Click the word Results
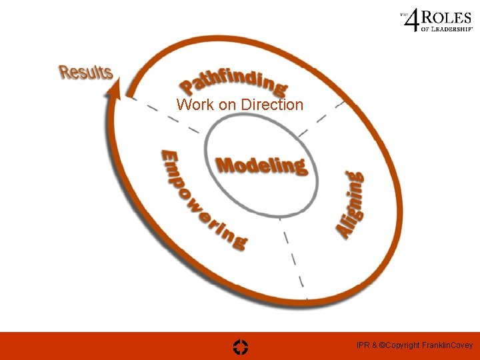[86, 71]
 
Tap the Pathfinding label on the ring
[233, 81]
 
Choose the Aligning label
[350, 204]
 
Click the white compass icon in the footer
[241, 346]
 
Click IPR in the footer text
[363, 345]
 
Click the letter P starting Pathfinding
[188, 86]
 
